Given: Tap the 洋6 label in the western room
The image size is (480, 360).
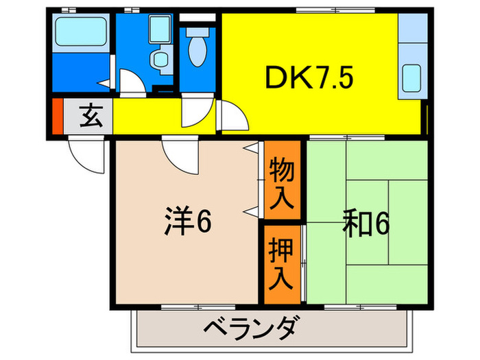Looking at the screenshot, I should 187,221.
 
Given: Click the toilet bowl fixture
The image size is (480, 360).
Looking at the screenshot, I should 199,49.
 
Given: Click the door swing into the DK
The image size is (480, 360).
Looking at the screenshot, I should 234,117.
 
